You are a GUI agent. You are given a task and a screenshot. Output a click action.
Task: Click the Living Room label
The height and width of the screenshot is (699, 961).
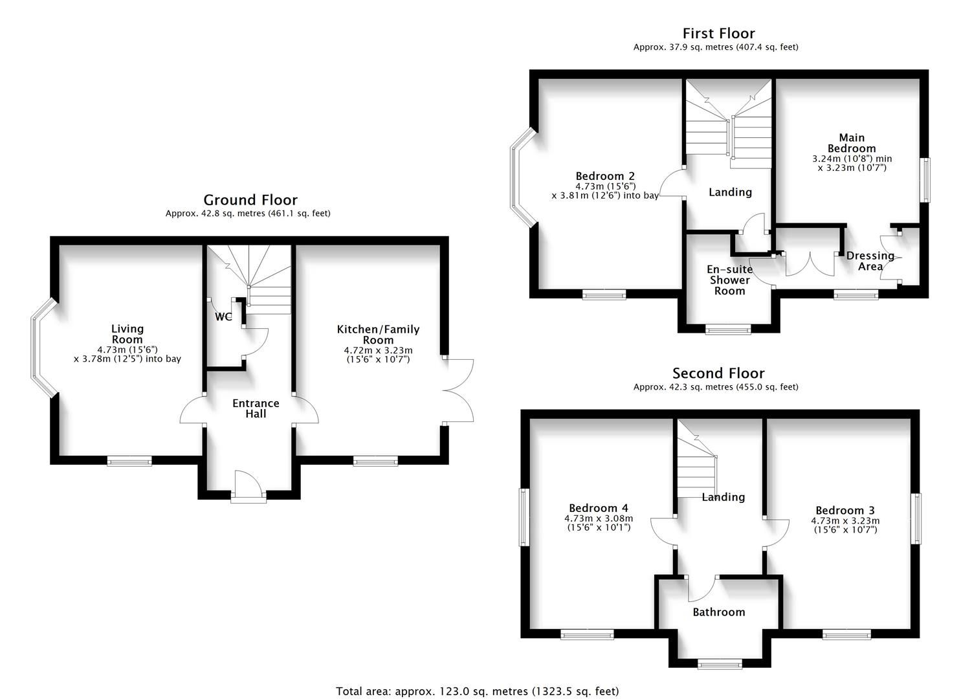(x=127, y=334)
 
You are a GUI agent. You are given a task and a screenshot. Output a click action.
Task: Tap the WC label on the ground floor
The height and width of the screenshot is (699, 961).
(x=223, y=317)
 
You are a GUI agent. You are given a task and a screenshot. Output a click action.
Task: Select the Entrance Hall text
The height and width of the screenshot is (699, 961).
(x=256, y=408)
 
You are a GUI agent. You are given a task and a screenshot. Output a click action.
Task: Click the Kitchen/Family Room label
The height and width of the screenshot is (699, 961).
(x=378, y=335)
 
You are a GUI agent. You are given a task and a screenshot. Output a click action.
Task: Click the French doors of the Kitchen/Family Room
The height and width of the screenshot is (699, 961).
(x=458, y=390)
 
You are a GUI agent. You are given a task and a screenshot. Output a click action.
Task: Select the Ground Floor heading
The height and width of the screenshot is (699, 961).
(x=250, y=200)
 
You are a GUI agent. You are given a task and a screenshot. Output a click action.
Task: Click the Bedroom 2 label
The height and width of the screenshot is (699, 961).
(x=605, y=176)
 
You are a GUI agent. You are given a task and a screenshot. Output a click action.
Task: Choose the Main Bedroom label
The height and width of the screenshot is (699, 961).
(x=852, y=143)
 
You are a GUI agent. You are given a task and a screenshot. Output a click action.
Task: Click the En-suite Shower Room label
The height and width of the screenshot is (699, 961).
(x=729, y=280)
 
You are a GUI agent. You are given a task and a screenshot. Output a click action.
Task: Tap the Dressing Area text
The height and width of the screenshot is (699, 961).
(x=870, y=261)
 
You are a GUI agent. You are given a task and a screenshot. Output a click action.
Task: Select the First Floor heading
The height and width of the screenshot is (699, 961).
(x=718, y=34)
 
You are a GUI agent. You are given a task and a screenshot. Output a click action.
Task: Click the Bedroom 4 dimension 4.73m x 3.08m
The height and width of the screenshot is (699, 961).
(x=599, y=518)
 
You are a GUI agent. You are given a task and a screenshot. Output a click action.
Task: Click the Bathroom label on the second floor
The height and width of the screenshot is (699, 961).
(x=718, y=612)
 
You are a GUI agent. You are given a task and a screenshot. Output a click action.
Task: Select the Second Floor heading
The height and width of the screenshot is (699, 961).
(x=718, y=373)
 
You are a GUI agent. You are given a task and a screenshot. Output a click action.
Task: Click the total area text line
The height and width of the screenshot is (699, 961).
(x=477, y=691)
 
